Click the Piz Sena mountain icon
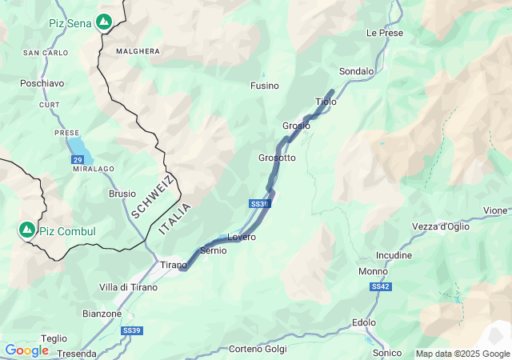click(104, 22)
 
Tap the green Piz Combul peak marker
click(27, 230)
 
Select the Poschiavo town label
click(42, 83)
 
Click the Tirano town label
click(173, 265)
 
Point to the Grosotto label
click(277, 158)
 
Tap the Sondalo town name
click(356, 71)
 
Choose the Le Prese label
click(385, 33)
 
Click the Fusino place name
click(265, 86)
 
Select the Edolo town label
click(364, 322)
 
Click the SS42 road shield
click(380, 286)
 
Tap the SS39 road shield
click(131, 330)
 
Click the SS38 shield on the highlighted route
click(259, 204)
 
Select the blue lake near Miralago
click(78, 146)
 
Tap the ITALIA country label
click(174, 218)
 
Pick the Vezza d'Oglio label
click(441, 226)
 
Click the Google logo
click(26, 350)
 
